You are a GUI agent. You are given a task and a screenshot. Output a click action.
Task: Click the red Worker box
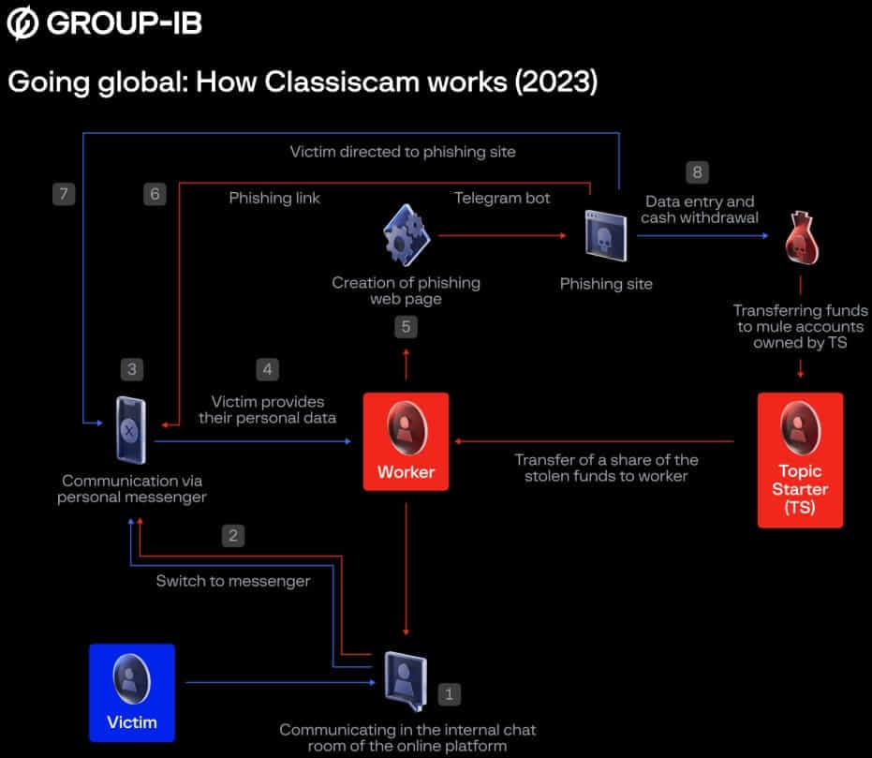[x=406, y=441]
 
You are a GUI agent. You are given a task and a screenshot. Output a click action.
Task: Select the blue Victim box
[x=131, y=691]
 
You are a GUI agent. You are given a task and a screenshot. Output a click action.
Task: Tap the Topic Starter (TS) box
[x=800, y=459]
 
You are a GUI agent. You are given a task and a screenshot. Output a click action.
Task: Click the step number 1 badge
[x=450, y=694]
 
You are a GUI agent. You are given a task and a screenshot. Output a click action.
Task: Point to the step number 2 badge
[x=234, y=535]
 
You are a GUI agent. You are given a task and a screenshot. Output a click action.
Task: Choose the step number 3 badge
[x=132, y=369]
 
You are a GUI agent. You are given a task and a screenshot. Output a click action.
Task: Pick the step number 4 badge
[x=268, y=369]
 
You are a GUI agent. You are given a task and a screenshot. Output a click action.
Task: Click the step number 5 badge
[x=406, y=327]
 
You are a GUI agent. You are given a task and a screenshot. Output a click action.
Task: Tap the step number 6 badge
[x=155, y=194]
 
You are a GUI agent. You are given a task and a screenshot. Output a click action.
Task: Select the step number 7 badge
[x=63, y=194]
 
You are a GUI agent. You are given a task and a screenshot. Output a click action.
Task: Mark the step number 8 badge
[x=695, y=171]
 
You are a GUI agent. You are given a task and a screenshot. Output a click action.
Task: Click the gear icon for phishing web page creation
[x=406, y=238]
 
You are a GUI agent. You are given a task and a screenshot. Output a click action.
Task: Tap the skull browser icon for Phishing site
[x=605, y=237]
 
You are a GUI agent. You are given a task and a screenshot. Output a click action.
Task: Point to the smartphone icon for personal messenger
[x=131, y=428]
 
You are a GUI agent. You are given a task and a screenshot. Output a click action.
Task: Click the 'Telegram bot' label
[x=502, y=198]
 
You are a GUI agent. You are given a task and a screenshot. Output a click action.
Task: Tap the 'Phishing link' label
[x=274, y=198]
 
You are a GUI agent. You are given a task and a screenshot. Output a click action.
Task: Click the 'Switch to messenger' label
[x=232, y=581]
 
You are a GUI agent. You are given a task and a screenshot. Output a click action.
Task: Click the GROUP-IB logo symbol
[x=22, y=23]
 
